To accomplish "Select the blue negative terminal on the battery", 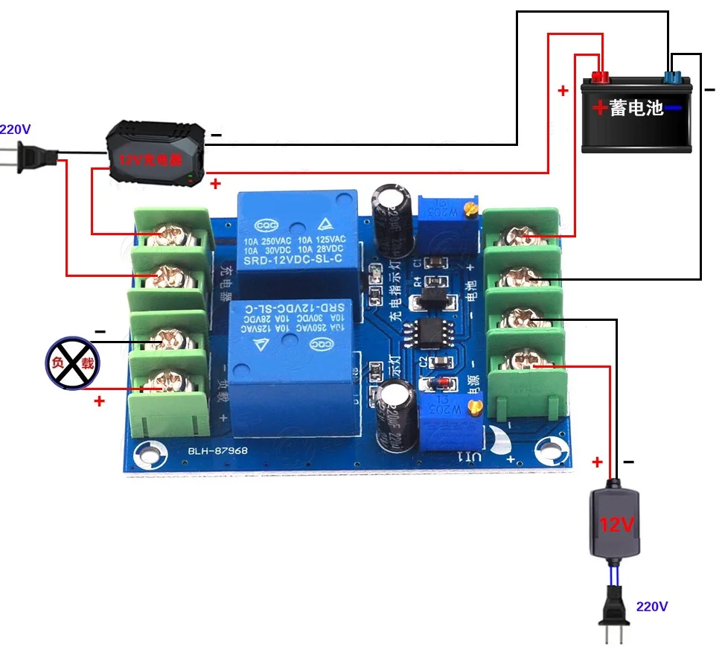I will coord(673,76).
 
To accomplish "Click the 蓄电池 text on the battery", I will coord(636,108).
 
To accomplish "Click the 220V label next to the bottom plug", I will coord(651,607).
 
